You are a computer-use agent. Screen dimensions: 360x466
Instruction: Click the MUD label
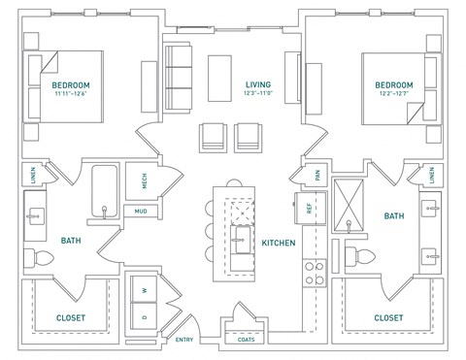140,211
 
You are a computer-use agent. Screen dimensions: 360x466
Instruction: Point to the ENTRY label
184,341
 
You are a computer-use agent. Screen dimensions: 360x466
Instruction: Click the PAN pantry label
316,176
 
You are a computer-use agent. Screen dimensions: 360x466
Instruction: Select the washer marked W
145,290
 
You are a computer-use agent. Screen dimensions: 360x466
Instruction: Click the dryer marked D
145,317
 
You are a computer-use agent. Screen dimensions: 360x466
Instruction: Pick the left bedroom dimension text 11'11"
66,95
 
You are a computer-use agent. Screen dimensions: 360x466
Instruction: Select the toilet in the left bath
37,258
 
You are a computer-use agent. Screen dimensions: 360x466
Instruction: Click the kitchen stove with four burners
314,272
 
